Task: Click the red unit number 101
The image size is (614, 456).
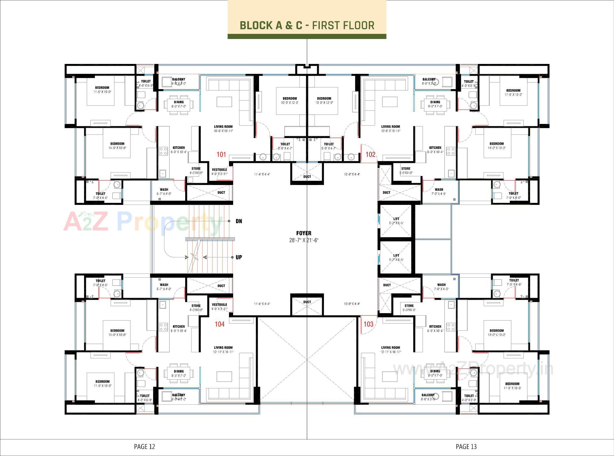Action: (221, 155)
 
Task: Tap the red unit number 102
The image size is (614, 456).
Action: (370, 155)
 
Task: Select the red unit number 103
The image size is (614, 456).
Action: (368, 324)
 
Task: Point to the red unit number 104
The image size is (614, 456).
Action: (219, 324)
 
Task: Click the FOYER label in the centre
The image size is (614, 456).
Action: (303, 233)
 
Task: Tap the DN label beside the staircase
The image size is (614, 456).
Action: (239, 221)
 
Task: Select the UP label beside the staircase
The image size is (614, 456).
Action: (239, 257)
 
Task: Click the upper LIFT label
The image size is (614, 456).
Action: (396, 219)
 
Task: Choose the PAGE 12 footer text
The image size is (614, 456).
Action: (144, 446)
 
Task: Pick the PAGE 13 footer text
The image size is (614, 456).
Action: (466, 446)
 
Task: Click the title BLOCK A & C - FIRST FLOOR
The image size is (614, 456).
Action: (307, 25)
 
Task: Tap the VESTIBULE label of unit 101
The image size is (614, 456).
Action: (219, 170)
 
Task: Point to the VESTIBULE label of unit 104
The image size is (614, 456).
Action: (219, 305)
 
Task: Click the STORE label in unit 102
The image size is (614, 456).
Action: (405, 168)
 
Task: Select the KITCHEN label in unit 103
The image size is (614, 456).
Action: (435, 327)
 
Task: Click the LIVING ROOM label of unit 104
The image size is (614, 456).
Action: (223, 347)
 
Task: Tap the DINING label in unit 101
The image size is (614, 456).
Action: (178, 102)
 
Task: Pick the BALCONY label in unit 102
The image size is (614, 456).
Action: (429, 79)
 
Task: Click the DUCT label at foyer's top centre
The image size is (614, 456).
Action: (307, 176)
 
